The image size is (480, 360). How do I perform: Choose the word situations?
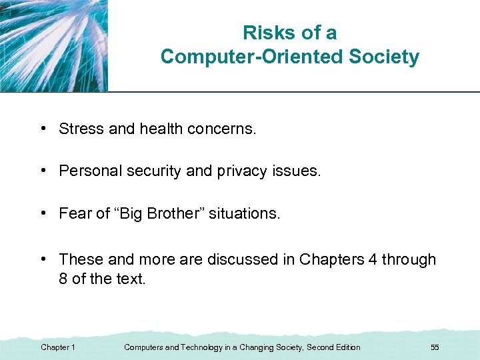tap(244, 214)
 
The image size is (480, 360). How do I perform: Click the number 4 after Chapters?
tap(372, 259)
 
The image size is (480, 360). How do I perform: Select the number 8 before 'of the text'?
tap(63, 279)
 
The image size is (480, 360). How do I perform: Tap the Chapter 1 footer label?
tap(58, 347)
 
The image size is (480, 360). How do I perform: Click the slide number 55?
tap(435, 347)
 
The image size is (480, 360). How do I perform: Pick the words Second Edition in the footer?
tap(333, 347)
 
